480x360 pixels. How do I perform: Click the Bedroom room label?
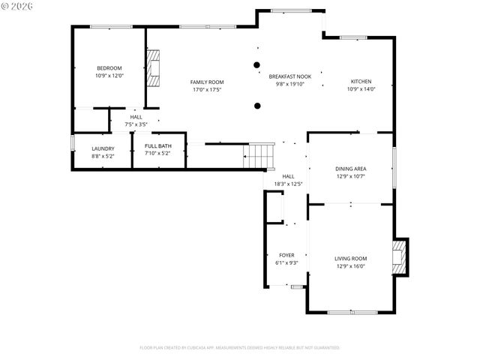tap(109, 68)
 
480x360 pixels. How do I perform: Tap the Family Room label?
tap(206, 82)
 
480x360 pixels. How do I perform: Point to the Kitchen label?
tap(361, 81)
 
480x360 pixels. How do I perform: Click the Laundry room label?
tap(103, 148)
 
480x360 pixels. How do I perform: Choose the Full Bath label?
tap(157, 145)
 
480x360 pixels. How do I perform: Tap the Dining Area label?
tap(350, 169)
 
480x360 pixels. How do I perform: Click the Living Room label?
tap(350, 258)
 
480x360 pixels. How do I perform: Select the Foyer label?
tap(286, 255)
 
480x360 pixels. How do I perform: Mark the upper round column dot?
tap(256, 65)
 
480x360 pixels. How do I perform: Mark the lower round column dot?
tap(256, 106)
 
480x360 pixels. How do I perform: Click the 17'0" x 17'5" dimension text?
tap(206, 90)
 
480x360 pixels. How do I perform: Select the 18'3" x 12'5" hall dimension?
tap(288, 184)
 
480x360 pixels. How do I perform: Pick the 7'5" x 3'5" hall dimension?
tap(136, 124)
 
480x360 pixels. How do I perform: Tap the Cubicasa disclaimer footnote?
tap(239, 348)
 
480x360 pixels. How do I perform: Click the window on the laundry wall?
tap(73, 142)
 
